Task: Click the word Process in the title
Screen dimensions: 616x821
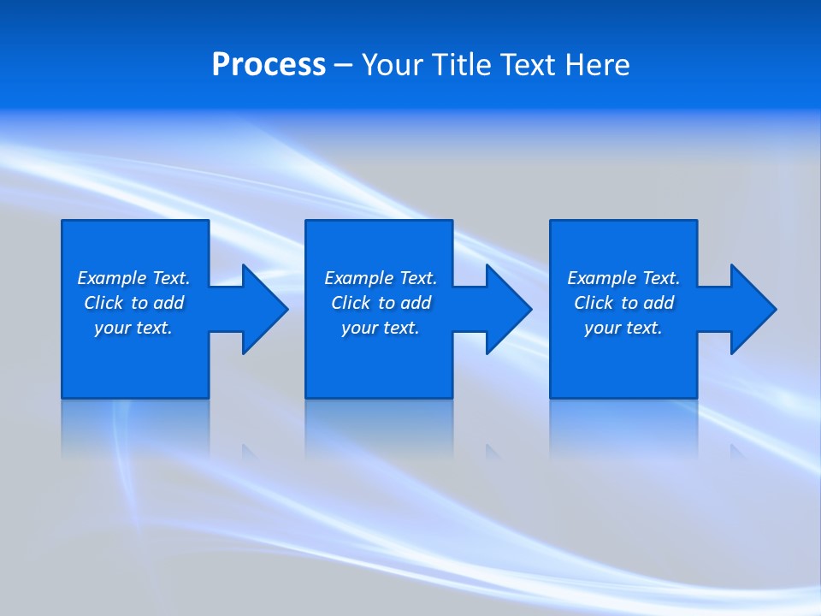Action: [269, 65]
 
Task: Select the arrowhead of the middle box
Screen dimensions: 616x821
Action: [510, 309]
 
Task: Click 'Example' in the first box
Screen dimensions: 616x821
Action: [111, 278]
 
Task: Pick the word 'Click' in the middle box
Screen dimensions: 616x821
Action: [351, 303]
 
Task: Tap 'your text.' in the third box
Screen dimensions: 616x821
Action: [623, 328]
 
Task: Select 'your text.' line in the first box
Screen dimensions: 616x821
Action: [133, 328]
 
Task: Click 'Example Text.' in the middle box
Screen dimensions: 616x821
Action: [380, 278]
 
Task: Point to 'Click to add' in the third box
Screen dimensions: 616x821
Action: [623, 303]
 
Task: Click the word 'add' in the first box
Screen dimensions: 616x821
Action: [168, 303]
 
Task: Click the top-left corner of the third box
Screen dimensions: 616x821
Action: [552, 222]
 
